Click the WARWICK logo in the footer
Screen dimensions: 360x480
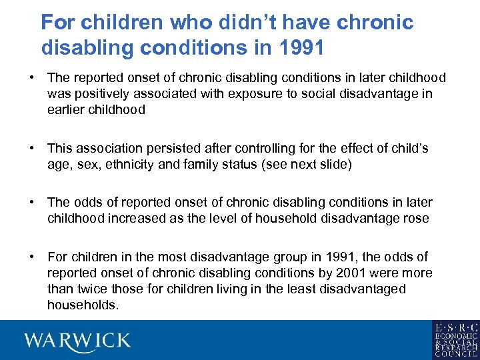coord(78,341)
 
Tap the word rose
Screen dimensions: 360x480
coord(416,219)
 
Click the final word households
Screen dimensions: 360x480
coord(83,305)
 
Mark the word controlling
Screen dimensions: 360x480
coord(279,149)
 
